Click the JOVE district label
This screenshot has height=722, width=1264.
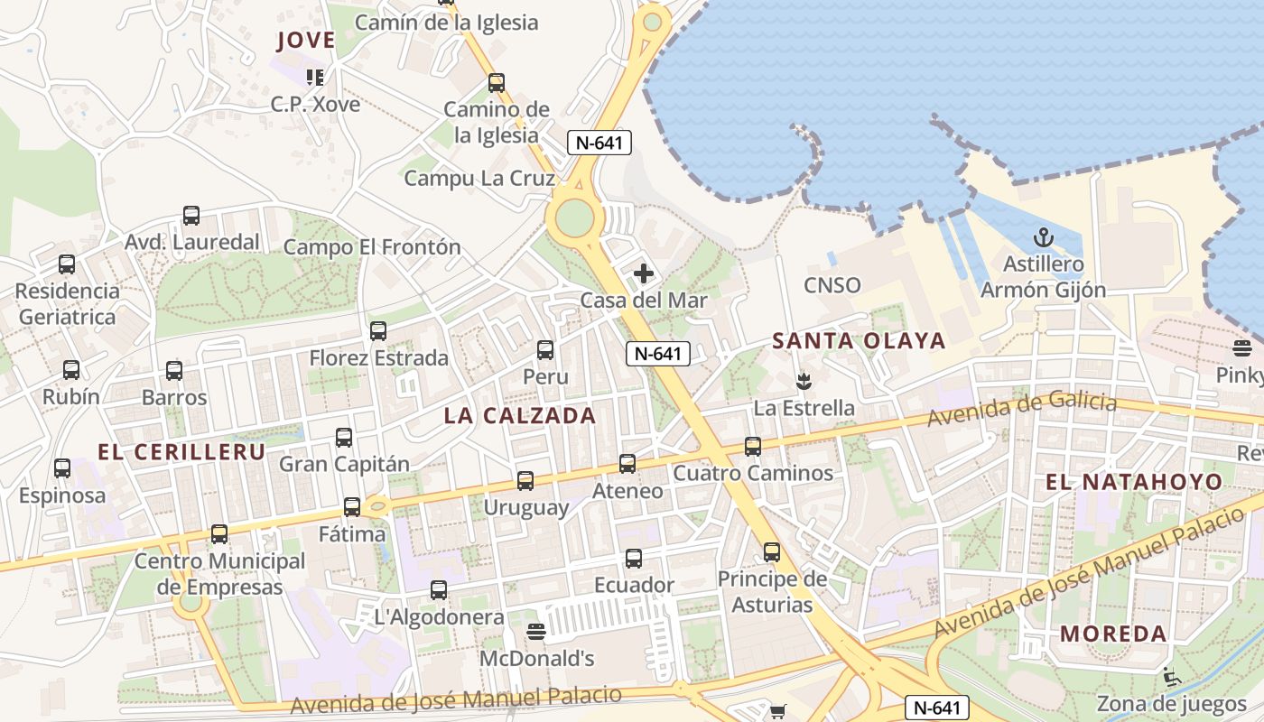306,41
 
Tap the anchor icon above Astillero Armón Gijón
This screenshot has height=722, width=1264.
1044,238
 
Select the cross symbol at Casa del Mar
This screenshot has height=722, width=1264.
644,273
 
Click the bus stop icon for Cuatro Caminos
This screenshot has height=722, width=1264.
753,446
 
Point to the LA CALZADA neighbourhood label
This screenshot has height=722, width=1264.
520,416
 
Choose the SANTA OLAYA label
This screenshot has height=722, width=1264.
859,341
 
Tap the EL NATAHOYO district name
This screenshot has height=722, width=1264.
1134,482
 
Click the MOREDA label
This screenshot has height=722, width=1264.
1114,634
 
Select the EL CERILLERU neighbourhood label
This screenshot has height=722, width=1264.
181,452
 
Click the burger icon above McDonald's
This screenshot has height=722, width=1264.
536,631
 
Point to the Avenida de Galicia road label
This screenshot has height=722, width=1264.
1022,409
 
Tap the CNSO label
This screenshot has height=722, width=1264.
832,286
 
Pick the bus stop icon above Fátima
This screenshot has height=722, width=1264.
352,507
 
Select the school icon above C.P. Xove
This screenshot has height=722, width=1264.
315,78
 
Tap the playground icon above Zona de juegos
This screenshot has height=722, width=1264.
1172,676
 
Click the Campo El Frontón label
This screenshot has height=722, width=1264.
372,247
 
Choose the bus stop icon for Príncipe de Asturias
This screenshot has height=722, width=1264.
772,552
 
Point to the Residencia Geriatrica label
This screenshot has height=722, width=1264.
68,304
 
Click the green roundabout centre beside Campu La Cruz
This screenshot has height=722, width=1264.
575,217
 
